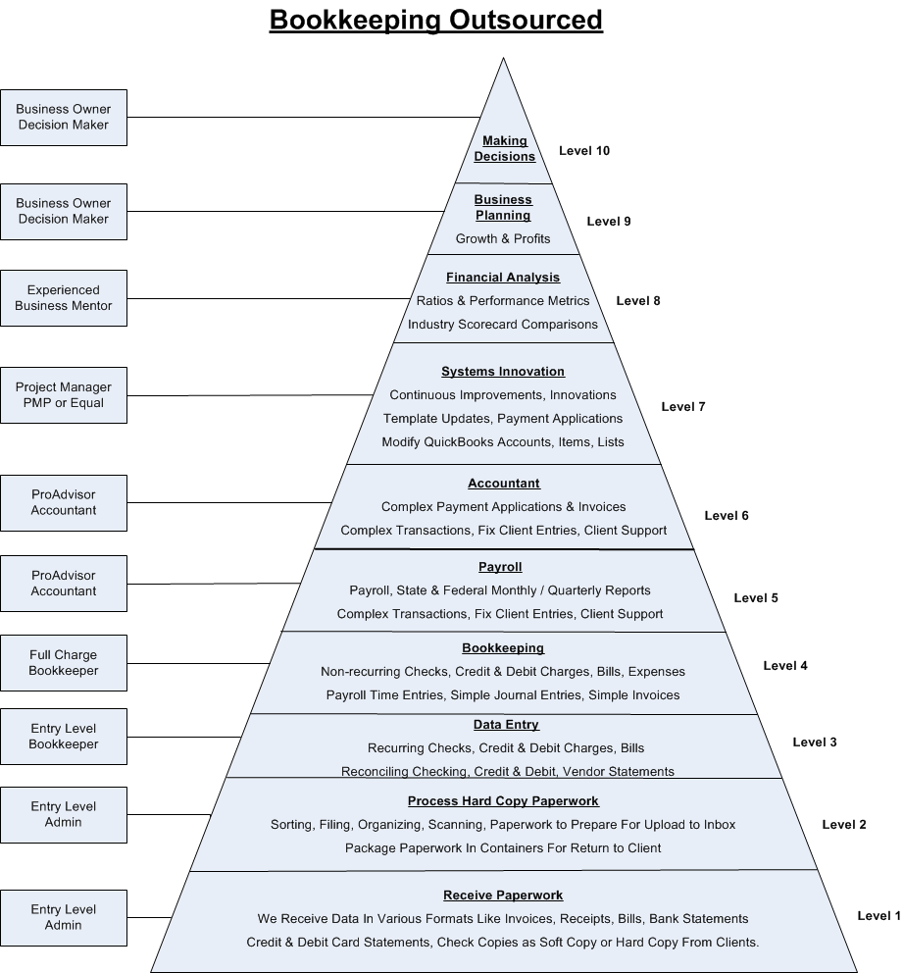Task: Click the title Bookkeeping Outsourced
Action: pyautogui.click(x=436, y=21)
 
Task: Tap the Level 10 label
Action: pyautogui.click(x=584, y=151)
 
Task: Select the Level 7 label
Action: pyautogui.click(x=683, y=407)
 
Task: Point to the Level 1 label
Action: pyautogui.click(x=878, y=916)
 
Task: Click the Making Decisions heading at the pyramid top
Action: pyautogui.click(x=505, y=149)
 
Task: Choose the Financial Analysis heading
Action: pyautogui.click(x=503, y=278)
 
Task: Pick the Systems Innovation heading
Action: pyautogui.click(x=503, y=372)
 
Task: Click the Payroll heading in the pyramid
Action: pyautogui.click(x=500, y=567)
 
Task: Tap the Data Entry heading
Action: pyautogui.click(x=506, y=725)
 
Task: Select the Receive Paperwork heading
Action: pyautogui.click(x=503, y=896)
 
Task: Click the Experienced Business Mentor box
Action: pyautogui.click(x=64, y=298)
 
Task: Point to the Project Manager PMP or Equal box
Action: pyautogui.click(x=64, y=395)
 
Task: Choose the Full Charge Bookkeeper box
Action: pyautogui.click(x=64, y=663)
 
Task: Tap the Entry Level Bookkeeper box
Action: pyautogui.click(x=64, y=737)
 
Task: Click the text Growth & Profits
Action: pyautogui.click(x=503, y=238)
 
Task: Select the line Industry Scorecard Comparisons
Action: pyautogui.click(x=503, y=325)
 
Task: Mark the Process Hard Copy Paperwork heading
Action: pyautogui.click(x=503, y=801)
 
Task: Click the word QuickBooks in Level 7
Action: pyautogui.click(x=461, y=442)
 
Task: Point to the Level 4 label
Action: pyautogui.click(x=785, y=666)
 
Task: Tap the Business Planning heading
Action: pyautogui.click(x=503, y=208)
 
